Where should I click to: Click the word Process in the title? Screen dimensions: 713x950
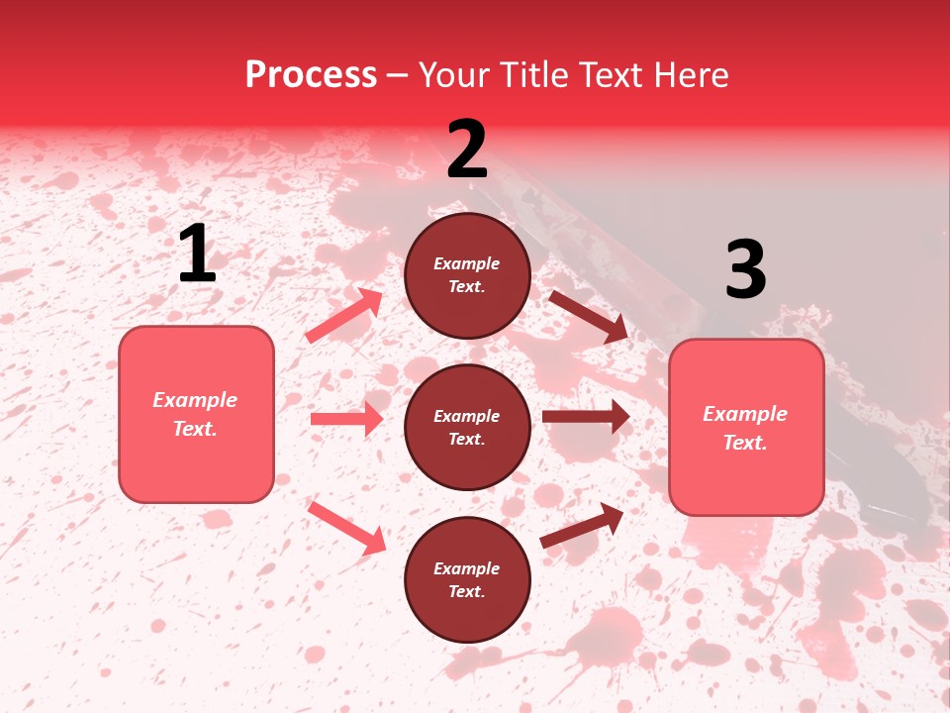311,74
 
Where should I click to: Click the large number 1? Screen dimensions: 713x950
197,255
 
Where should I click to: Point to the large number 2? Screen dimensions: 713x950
467,150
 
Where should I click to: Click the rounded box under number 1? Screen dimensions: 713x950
196,414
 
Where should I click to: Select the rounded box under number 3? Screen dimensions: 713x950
746,427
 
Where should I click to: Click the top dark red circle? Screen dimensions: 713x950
467,275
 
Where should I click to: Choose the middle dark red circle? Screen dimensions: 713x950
467,427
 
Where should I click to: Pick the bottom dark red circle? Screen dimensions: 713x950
467,579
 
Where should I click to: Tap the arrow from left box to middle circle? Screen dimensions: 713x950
346,419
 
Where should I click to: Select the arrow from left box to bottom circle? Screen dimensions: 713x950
347,527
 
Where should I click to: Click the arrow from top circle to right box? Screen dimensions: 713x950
588,316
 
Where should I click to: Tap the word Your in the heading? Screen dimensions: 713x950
451,74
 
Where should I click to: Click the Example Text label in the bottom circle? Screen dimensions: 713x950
467,579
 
